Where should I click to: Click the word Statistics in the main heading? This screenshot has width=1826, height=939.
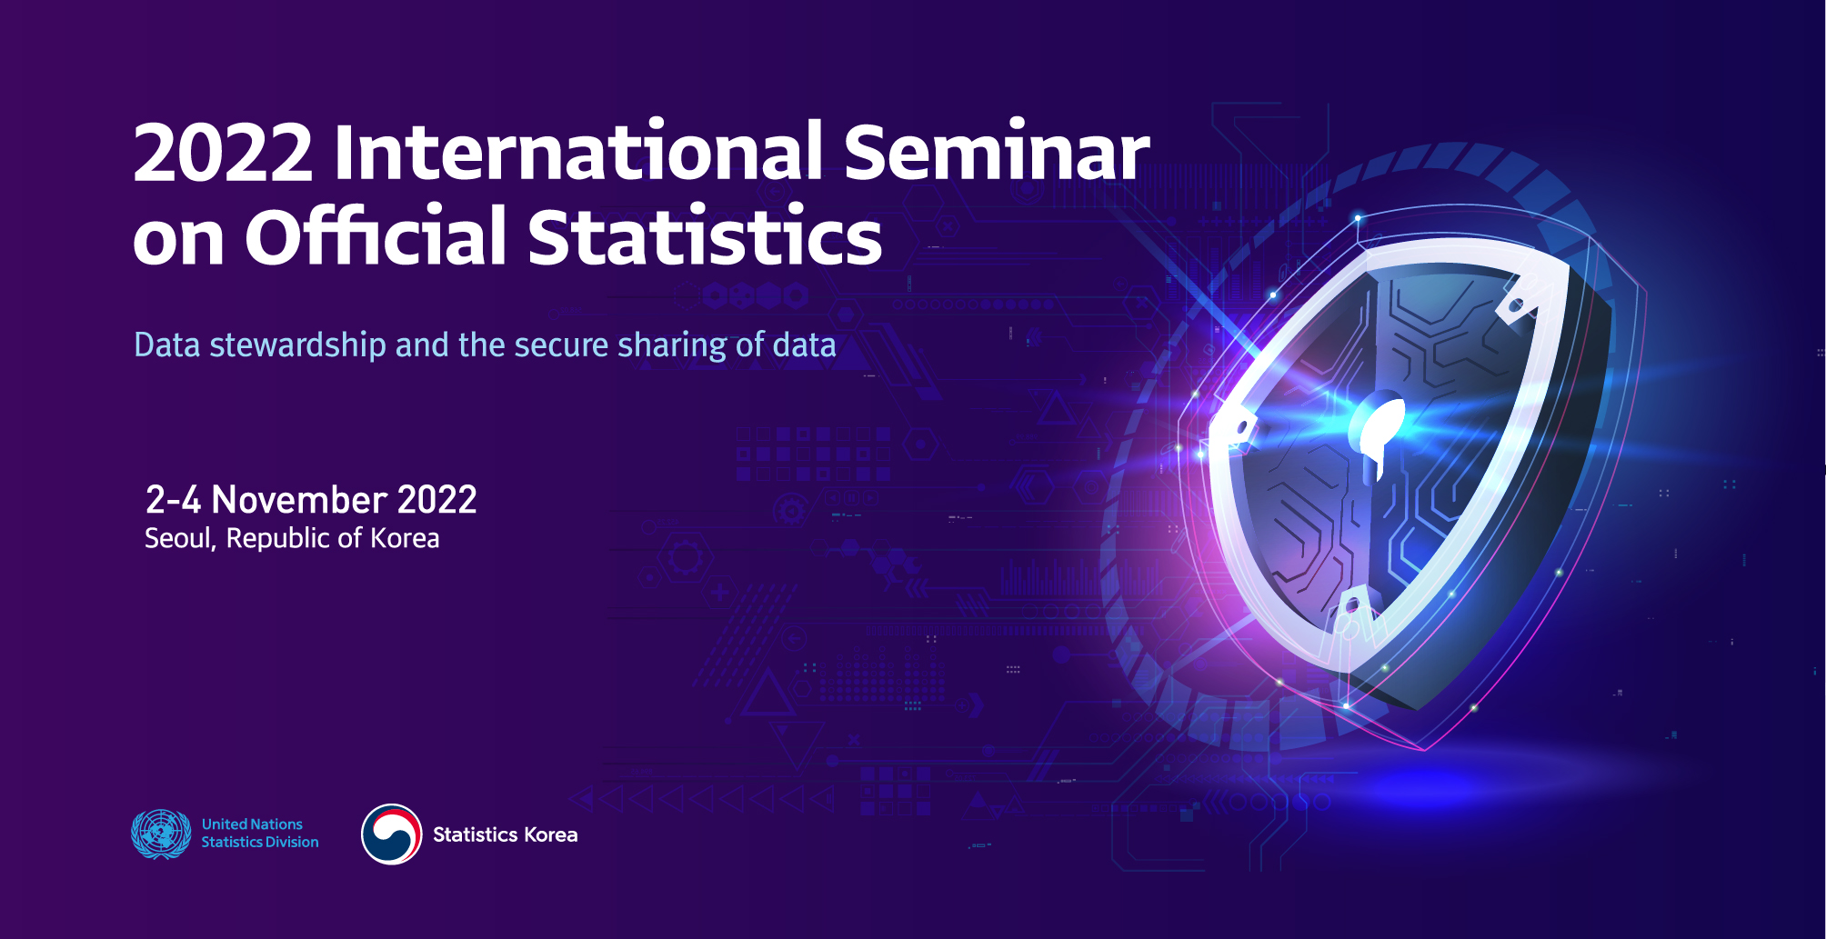[705, 235]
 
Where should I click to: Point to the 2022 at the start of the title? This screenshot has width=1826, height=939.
[224, 152]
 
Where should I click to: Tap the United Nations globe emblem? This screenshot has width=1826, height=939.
[161, 834]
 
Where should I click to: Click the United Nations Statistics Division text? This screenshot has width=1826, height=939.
[260, 834]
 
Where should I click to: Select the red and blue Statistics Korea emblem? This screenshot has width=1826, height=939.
[392, 834]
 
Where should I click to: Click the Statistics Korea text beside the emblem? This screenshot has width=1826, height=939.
[505, 834]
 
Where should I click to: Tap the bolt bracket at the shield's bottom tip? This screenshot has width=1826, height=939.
[1352, 611]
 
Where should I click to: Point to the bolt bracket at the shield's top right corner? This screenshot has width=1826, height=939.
[1517, 300]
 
